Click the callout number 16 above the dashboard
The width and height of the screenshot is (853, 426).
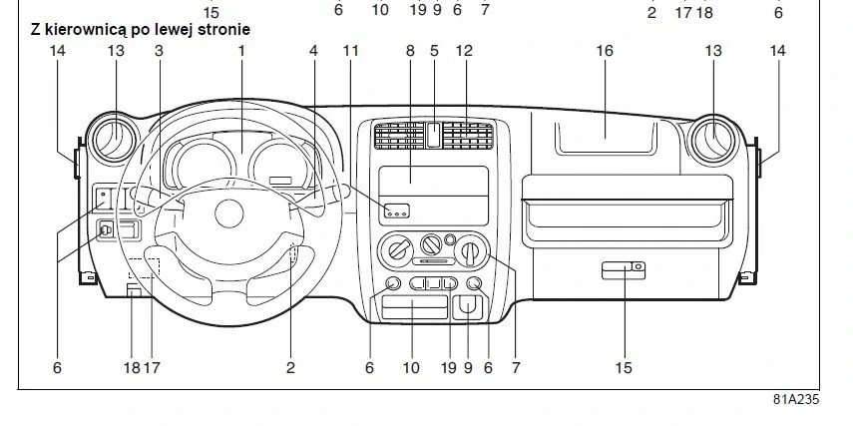coord(605,50)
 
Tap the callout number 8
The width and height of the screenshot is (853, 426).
coord(410,50)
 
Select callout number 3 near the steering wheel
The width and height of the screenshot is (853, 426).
coord(159,50)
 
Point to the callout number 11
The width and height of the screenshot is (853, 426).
coord(349,50)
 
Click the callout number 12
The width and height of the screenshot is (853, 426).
coord(464,50)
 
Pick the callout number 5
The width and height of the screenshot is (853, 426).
coord(434,50)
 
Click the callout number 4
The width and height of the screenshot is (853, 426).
coord(313,50)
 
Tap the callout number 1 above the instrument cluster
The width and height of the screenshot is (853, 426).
coord(241,50)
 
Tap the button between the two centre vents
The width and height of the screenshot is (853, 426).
coord(433,134)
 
